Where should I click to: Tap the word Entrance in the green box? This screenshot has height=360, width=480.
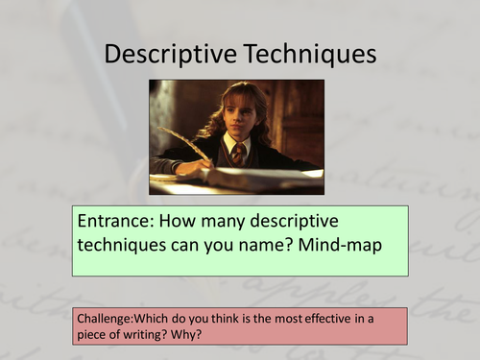coord(110,222)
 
